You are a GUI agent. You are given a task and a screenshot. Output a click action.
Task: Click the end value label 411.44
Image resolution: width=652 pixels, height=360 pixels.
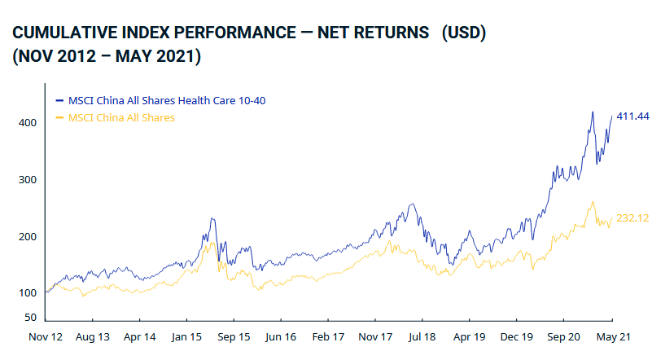[632, 116]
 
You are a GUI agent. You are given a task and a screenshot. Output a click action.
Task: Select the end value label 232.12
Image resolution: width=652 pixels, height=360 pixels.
[632, 218]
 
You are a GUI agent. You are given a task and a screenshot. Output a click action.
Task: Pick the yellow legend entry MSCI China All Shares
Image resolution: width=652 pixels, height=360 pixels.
[121, 118]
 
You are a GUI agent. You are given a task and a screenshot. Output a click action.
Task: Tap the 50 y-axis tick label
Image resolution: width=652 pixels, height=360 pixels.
[30, 317]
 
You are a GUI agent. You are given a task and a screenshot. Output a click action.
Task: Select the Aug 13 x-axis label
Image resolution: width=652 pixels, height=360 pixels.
[92, 336]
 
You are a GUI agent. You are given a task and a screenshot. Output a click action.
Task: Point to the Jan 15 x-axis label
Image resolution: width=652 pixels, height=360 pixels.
[186, 336]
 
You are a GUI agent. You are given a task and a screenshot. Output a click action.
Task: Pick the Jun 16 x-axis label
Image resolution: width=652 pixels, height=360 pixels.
[281, 336]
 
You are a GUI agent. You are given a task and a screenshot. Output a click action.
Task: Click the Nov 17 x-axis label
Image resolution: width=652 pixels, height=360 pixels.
[375, 336]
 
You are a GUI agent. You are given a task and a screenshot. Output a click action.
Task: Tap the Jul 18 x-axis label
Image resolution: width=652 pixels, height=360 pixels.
[422, 336]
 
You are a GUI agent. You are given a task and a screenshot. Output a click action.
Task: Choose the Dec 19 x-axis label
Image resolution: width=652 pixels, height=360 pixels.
[517, 336]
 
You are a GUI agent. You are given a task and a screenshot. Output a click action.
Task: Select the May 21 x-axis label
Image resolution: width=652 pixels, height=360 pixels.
[611, 336]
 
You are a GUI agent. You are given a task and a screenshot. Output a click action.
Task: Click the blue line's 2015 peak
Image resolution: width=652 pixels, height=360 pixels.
[212, 218]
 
